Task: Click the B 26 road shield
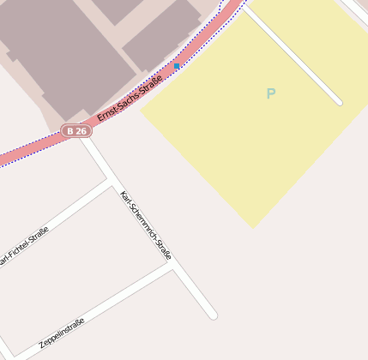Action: [76, 131]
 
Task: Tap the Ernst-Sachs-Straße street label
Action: [130, 98]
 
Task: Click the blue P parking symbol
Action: [271, 93]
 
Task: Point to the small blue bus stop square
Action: [177, 66]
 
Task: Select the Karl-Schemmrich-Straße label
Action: [146, 224]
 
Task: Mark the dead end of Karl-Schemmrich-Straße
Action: [213, 315]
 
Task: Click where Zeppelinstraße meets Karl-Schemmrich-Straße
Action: [173, 265]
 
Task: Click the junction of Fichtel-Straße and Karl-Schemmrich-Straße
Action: [111, 182]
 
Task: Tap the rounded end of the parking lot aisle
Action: [339, 102]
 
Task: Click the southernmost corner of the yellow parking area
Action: [253, 227]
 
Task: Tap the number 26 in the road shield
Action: [81, 131]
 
